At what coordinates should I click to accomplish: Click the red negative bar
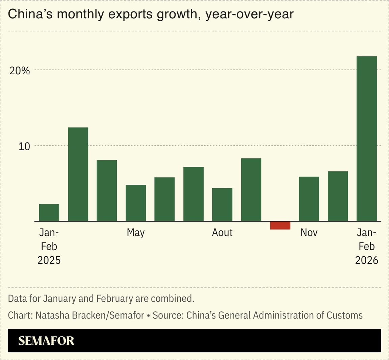[x=280, y=226]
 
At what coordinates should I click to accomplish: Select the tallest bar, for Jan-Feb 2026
[x=366, y=139]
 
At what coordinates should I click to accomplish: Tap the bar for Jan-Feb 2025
[x=49, y=213]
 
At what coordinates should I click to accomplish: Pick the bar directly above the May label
[x=136, y=203]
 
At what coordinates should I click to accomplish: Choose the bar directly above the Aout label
[x=222, y=205]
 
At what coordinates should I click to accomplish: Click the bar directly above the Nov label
[x=309, y=199]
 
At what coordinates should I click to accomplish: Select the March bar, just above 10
[x=78, y=174]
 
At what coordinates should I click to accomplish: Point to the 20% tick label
[x=20, y=71]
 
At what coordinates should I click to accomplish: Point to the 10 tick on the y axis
[x=24, y=146]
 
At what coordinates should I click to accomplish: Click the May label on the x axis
[x=136, y=233]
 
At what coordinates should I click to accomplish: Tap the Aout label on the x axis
[x=222, y=233]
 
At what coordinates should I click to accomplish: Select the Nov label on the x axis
[x=309, y=233]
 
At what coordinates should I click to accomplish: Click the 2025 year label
[x=49, y=260]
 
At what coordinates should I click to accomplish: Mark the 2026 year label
[x=366, y=260]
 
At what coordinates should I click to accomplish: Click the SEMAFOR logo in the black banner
[x=46, y=340]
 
